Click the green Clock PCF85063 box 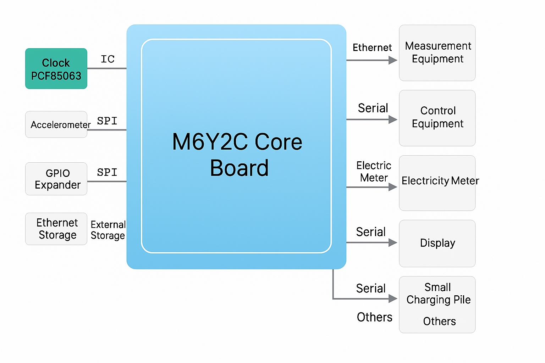point(56,69)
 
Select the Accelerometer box point(56,124)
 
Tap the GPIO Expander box point(56,179)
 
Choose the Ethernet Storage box point(56,229)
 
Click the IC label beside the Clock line point(108,59)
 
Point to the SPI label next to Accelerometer point(107,121)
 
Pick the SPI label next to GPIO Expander point(107,172)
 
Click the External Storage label point(108,230)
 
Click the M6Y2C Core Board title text point(237,155)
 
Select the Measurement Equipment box point(437,53)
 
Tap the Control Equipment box point(437,118)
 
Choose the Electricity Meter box point(437,183)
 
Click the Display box point(437,243)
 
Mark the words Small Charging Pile point(438,294)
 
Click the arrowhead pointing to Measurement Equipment point(392,60)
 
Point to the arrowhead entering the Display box point(392,242)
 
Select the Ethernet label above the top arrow point(372,48)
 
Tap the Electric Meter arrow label point(374,172)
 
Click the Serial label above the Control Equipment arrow point(373,108)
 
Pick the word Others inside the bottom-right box point(439,321)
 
